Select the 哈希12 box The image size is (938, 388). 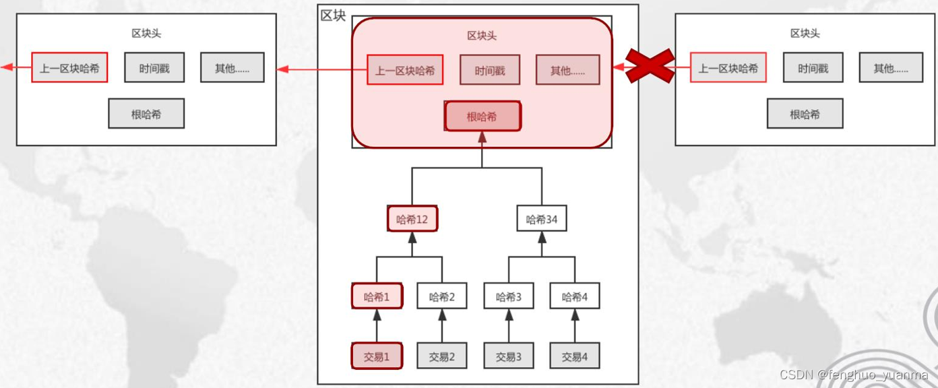click(412, 219)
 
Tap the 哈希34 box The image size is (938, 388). click(542, 219)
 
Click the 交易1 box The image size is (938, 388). click(377, 356)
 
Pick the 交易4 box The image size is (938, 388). click(575, 356)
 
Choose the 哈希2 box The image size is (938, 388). click(442, 296)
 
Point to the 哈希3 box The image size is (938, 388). click(509, 296)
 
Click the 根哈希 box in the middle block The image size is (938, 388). click(482, 117)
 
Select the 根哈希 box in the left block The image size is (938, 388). click(146, 114)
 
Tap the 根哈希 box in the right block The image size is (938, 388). click(805, 114)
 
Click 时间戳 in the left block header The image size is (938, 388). click(154, 68)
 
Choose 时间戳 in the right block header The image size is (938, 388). click(813, 68)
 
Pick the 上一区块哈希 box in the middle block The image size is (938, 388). click(405, 70)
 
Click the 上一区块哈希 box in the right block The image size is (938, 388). click(728, 68)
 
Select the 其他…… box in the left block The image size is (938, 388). click(232, 68)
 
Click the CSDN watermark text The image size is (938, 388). click(853, 375)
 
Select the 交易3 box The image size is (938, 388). click(509, 356)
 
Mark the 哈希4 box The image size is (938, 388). click(575, 296)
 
